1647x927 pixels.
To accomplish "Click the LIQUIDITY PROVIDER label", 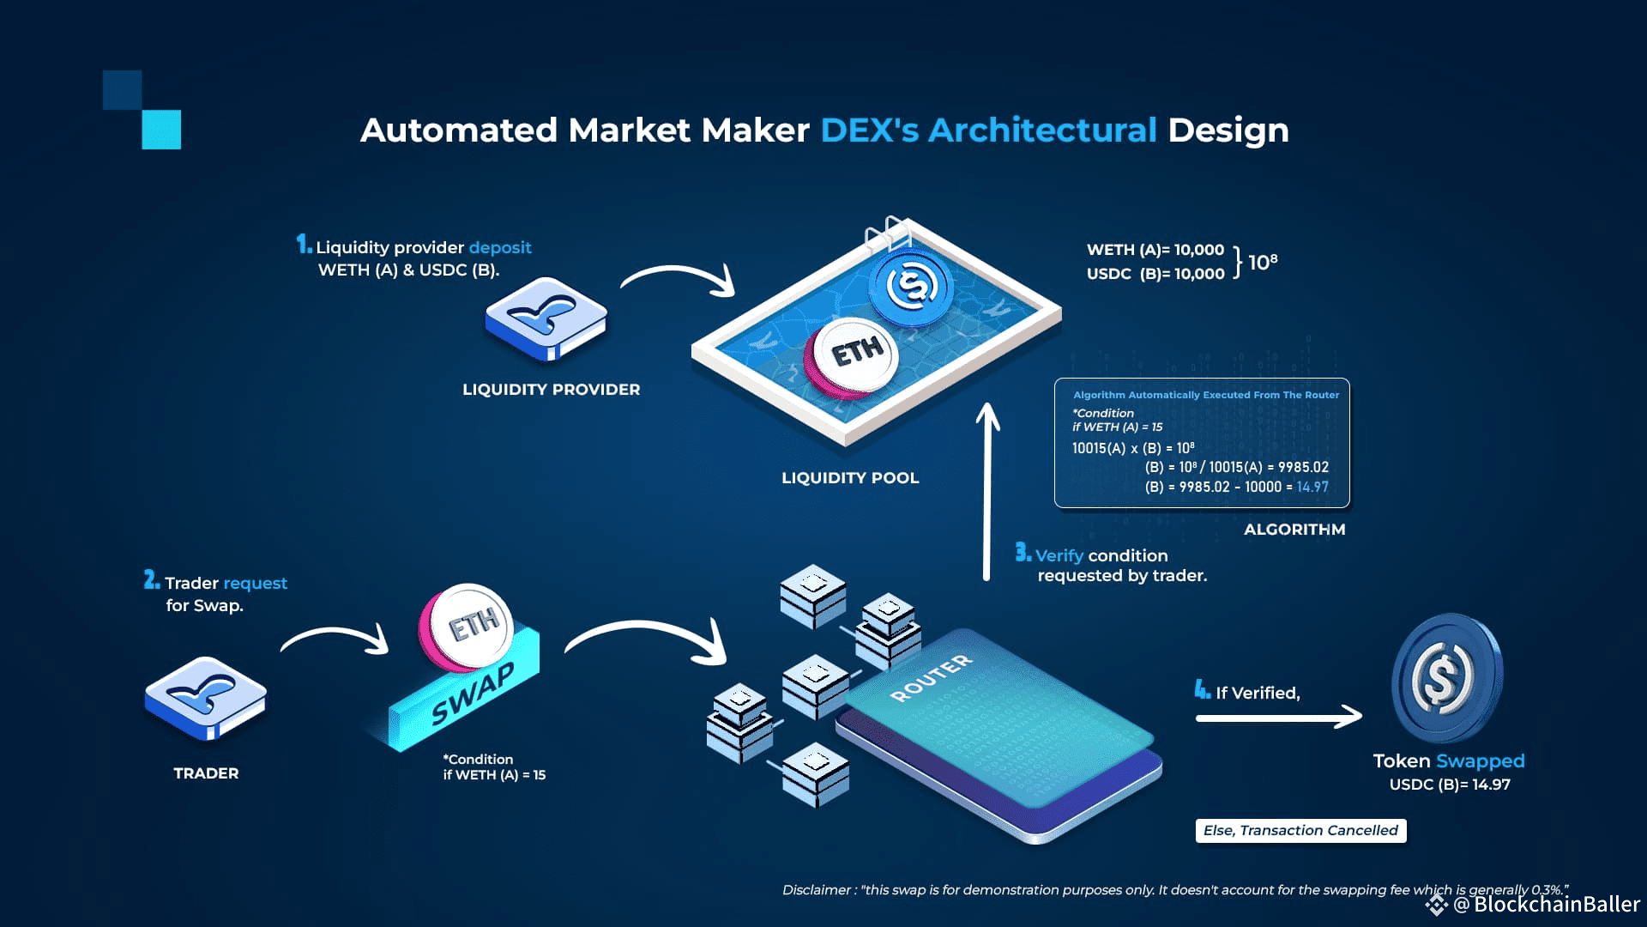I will [551, 390].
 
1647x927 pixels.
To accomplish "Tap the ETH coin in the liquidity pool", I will [853, 354].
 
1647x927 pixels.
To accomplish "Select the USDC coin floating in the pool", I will [910, 285].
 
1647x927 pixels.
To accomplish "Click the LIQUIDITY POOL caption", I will [850, 478].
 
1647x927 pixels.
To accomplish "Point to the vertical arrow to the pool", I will [987, 494].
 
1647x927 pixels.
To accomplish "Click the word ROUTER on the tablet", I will [932, 677].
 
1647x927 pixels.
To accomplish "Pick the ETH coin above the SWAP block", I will [468, 627].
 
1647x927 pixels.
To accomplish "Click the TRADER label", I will [206, 773].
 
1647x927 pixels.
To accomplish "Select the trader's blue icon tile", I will [206, 697].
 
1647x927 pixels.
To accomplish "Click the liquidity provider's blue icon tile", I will [546, 318].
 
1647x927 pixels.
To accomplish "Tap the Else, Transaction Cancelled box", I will [1300, 831].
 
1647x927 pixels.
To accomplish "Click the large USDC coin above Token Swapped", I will [1446, 677].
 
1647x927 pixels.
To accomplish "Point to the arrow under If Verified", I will [1278, 717].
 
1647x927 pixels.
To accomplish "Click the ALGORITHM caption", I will [1294, 530].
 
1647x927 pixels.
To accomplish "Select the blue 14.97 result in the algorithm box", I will [1312, 488].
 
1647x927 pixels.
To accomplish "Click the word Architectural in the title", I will [1042, 130].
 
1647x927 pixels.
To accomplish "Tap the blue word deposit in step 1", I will [500, 248].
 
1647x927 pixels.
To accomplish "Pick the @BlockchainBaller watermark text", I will [1547, 904].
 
